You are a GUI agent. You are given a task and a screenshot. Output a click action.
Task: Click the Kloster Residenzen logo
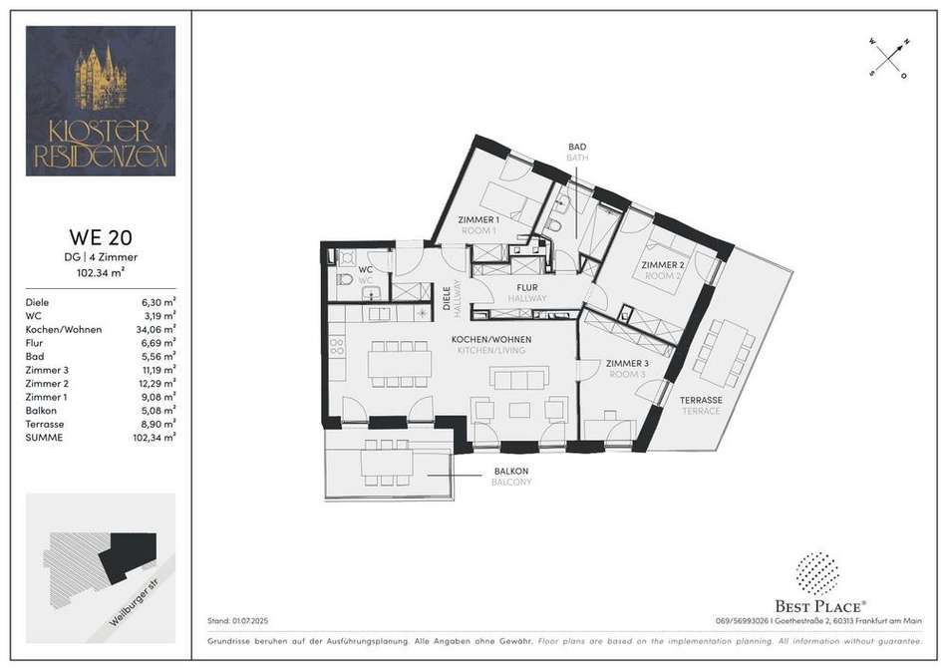tap(101, 101)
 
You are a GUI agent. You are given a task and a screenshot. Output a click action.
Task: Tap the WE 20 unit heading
tap(101, 237)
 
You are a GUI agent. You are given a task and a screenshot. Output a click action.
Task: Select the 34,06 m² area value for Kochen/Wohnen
tap(156, 329)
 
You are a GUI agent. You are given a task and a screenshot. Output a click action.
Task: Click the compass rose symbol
tap(889, 59)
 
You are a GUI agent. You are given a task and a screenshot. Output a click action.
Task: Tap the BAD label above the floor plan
tap(577, 147)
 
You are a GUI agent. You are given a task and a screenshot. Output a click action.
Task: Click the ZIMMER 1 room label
tap(478, 220)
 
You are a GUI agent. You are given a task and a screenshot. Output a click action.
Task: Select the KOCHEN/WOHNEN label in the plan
tap(491, 340)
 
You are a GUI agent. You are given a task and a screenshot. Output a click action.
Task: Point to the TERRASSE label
tap(701, 400)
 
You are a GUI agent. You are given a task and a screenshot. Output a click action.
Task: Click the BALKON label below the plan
tap(511, 471)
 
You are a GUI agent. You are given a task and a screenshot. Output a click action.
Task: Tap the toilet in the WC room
tap(345, 280)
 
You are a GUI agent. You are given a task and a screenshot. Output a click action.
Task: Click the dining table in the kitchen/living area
tap(400, 364)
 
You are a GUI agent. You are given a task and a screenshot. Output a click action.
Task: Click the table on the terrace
tap(723, 352)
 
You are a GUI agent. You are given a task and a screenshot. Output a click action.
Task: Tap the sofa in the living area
tap(519, 378)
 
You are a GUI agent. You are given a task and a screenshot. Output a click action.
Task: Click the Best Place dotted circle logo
tap(817, 572)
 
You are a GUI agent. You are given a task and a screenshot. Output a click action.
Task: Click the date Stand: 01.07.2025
tap(237, 620)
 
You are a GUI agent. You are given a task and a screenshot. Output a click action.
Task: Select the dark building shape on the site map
tap(128, 554)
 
